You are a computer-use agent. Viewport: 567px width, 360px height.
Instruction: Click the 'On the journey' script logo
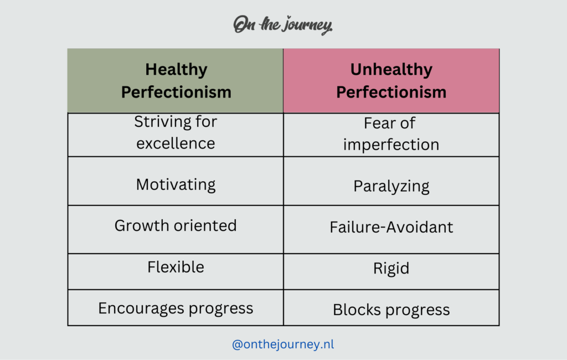tap(283, 24)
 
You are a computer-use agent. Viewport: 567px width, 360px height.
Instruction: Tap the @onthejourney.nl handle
tap(283, 344)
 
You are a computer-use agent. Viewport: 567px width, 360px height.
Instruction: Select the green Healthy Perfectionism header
tap(176, 81)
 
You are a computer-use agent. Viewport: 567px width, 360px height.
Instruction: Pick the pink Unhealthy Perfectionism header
tap(391, 81)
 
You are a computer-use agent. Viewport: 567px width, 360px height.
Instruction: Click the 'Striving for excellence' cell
tap(176, 135)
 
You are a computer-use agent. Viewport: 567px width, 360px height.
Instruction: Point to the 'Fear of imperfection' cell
tap(391, 135)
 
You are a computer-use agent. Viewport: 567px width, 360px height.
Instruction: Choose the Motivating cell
tap(176, 181)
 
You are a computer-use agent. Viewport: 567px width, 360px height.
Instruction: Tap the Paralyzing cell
tap(391, 181)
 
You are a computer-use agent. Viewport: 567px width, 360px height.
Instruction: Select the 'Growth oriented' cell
tap(176, 229)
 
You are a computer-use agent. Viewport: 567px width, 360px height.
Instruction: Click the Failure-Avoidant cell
tap(391, 229)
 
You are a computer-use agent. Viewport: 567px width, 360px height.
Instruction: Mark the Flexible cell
tap(176, 271)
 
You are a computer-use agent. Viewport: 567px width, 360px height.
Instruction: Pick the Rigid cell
tap(391, 271)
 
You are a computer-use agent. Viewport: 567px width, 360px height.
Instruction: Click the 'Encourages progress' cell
tap(176, 307)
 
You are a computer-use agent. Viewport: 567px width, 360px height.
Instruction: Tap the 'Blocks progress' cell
tap(391, 307)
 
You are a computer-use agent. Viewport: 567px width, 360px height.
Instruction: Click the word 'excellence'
tap(176, 143)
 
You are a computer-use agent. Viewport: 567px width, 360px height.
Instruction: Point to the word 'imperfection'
tap(391, 145)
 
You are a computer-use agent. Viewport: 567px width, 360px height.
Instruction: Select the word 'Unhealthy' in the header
tap(391, 69)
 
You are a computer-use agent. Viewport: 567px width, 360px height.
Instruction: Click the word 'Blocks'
tap(357, 310)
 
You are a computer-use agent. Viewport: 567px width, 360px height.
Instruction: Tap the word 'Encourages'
tap(141, 308)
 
